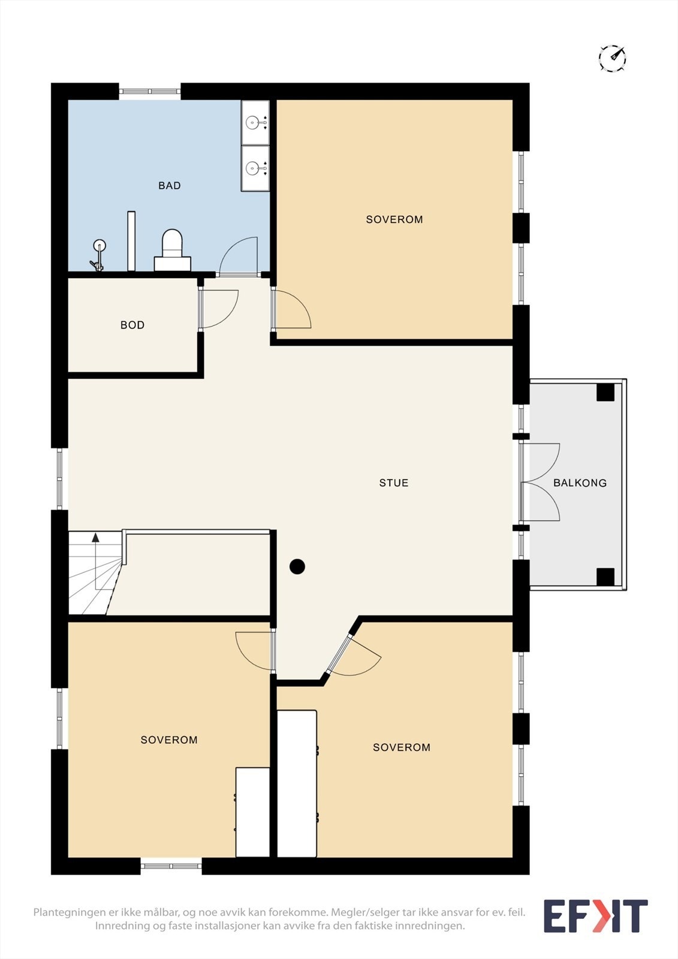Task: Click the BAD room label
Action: coord(169,185)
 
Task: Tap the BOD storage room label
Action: coord(132,325)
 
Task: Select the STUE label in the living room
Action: coord(394,483)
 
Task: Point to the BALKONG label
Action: coord(580,483)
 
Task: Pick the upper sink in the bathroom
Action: coord(255,123)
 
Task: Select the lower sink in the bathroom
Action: coord(255,168)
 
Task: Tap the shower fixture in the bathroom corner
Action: coord(98,255)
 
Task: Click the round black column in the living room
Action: coord(297,566)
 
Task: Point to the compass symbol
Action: coord(613,58)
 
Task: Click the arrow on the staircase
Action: coord(95,561)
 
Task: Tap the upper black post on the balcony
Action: coord(605,392)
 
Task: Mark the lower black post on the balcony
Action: coord(605,577)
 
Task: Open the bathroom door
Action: coord(238,256)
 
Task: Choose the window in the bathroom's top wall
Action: coord(149,91)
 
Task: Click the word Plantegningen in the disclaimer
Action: coord(70,912)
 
